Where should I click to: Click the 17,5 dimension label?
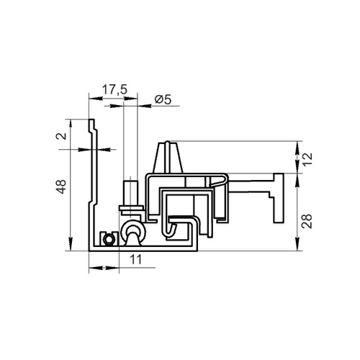(x=114, y=89)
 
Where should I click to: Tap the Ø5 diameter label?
(x=163, y=99)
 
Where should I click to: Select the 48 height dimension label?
(x=61, y=186)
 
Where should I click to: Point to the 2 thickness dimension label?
(x=61, y=136)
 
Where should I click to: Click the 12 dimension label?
(x=307, y=159)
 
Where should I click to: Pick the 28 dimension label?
(x=307, y=221)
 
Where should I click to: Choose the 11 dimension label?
(x=136, y=259)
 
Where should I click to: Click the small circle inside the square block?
(x=109, y=239)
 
